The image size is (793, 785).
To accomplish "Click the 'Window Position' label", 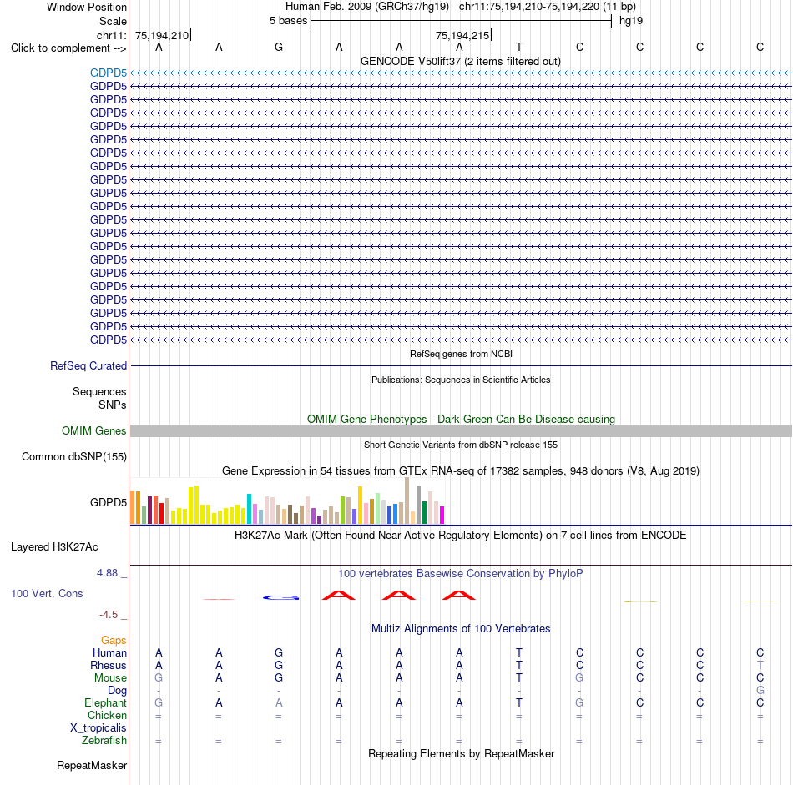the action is [87, 7].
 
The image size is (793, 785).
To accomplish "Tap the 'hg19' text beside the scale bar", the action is [631, 21].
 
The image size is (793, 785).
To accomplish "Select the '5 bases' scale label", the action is [288, 21].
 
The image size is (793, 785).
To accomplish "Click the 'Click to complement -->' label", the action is [68, 48].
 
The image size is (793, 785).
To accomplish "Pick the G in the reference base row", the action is [279, 47].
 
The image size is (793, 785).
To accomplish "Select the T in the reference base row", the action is [519, 47].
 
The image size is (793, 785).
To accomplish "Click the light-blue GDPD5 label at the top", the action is [109, 73].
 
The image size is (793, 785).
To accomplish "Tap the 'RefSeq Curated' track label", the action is [88, 365].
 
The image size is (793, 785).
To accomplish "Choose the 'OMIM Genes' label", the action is [94, 430].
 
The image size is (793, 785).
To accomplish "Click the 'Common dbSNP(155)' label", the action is [74, 456].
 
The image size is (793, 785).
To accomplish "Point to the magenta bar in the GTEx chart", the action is [442, 515].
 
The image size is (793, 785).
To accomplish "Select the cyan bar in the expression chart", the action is [249, 509].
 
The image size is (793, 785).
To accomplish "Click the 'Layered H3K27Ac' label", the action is [54, 547].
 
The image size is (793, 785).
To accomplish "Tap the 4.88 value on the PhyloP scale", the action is [107, 573].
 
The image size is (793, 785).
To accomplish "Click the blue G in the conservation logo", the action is [281, 598].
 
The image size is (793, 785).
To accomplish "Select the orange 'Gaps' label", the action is [114, 641].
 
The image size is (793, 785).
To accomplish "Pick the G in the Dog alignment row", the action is [760, 690].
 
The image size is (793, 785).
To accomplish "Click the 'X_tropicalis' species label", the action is [98, 728].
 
